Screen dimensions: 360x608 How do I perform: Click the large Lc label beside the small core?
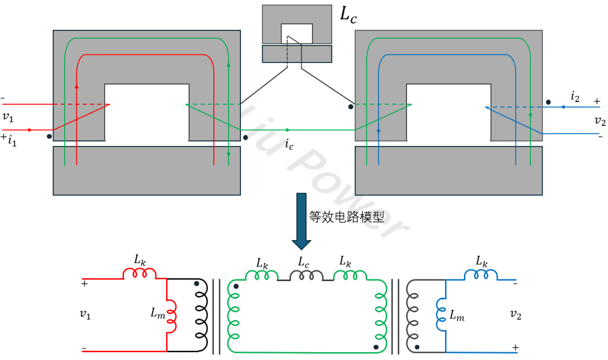348,15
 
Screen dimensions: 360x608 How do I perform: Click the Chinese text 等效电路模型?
346,216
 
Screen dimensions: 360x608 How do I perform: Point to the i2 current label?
575,97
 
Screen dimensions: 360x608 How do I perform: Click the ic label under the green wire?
289,145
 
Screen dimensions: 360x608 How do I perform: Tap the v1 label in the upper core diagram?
7,117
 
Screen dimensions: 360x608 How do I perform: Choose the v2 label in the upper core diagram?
600,120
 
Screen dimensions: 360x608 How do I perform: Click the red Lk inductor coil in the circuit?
139,273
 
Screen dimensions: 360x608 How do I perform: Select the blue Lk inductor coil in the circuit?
481,274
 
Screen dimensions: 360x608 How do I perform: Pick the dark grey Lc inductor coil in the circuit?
306,275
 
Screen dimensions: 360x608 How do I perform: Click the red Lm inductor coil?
172,315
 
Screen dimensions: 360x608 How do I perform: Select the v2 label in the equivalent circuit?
515,315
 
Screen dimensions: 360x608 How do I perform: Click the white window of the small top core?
297,33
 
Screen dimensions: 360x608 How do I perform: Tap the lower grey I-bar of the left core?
146,171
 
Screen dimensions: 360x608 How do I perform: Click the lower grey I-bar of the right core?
448,171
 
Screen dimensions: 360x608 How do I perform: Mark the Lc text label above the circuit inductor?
304,262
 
